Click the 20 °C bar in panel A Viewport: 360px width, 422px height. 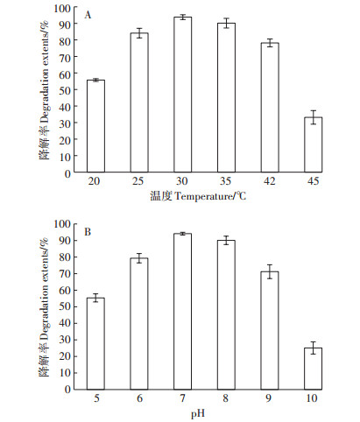coord(95,126)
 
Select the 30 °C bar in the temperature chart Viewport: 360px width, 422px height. coord(183,95)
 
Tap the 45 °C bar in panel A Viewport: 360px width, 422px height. coord(314,144)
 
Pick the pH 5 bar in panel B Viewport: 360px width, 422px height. coord(95,344)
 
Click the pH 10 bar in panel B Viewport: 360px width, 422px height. coord(314,369)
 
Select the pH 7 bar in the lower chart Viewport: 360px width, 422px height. coord(183,312)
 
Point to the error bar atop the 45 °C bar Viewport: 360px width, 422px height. coord(314,117)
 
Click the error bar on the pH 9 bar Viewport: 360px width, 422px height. coord(270,271)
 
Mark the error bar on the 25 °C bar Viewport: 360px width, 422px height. coord(139,33)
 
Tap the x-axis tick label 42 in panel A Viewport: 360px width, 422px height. coord(269,181)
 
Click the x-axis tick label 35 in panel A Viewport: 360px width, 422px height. coord(226,181)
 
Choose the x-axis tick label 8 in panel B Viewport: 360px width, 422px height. coord(225,398)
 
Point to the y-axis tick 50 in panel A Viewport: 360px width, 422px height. coord(65,90)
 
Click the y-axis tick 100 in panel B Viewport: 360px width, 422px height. coord(62,224)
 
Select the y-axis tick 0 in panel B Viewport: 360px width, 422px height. coord(67,390)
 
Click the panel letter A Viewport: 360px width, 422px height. coord(88,15)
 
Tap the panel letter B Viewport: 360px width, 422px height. coord(88,232)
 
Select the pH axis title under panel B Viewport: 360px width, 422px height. coord(198,413)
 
